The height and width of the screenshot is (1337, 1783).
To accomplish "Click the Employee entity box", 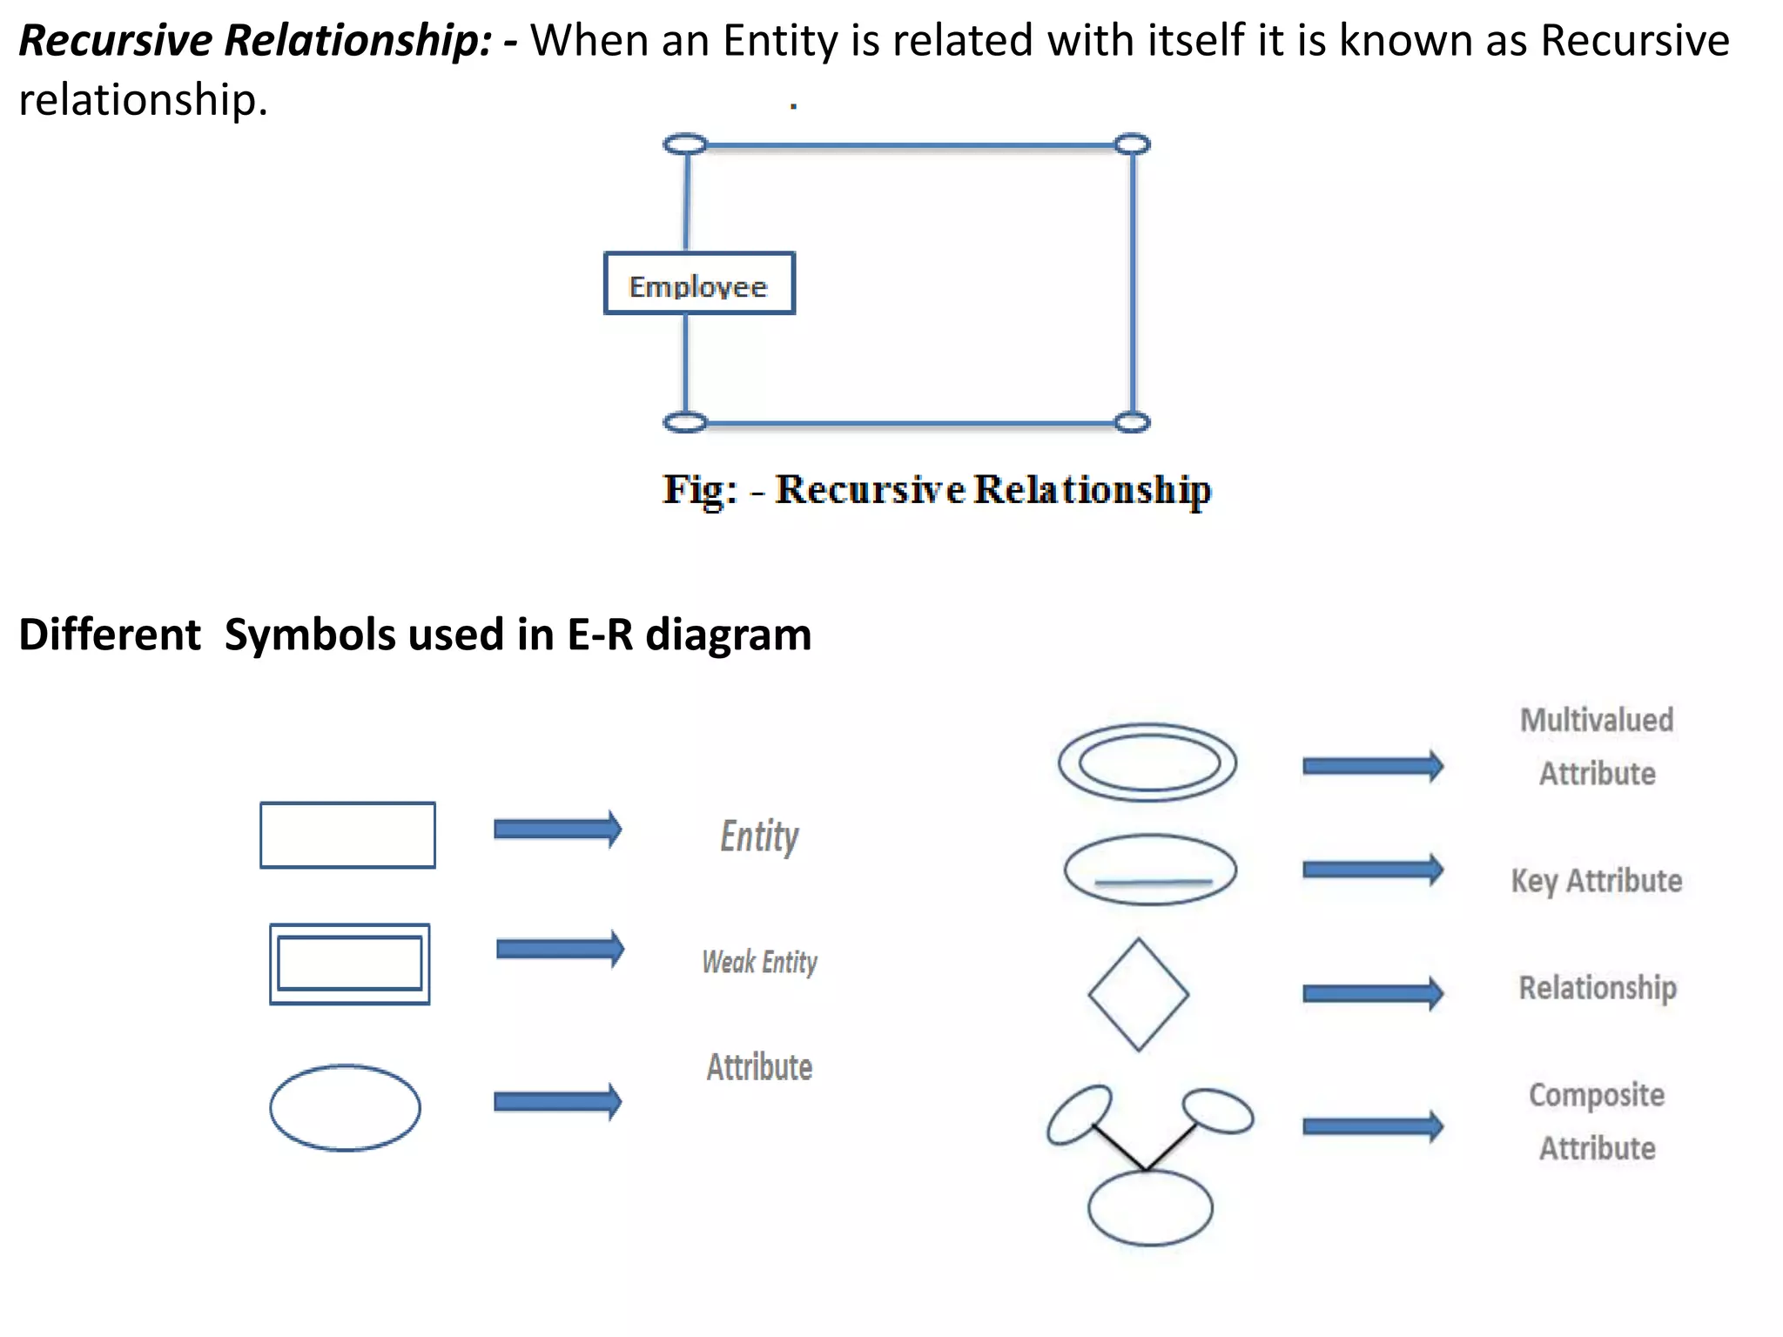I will (699, 284).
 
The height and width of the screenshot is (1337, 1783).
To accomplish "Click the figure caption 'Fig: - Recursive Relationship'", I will (936, 490).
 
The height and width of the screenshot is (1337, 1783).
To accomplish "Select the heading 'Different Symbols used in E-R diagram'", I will (414, 635).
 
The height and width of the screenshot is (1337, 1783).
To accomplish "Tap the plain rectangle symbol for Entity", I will (347, 835).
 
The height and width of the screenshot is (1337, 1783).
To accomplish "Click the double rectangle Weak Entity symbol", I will (349, 964).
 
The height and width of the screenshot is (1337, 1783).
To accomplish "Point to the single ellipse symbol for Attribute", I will (345, 1107).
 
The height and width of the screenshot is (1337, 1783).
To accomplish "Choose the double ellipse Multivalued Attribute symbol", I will (1147, 763).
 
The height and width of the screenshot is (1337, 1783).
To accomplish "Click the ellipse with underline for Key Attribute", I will (1150, 870).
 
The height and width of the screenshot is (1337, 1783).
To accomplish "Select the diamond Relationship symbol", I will (1139, 994).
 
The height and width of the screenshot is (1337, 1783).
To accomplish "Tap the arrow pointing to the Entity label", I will (558, 829).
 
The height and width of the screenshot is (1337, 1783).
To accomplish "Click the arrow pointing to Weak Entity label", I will (560, 949).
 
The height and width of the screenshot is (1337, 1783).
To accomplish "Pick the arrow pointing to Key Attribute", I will (1372, 870).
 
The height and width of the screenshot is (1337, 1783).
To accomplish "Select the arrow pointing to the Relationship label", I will (1372, 993).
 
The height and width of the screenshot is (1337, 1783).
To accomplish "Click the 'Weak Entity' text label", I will (760, 962).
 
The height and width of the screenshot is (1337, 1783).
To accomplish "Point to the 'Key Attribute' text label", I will (1596, 881).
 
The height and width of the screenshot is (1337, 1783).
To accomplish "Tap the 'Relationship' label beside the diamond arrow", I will (1598, 988).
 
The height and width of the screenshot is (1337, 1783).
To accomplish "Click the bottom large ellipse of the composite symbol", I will (1150, 1207).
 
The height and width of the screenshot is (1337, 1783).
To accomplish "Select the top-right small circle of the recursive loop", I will (1132, 144).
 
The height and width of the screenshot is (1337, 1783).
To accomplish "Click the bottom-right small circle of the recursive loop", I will (1132, 423).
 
